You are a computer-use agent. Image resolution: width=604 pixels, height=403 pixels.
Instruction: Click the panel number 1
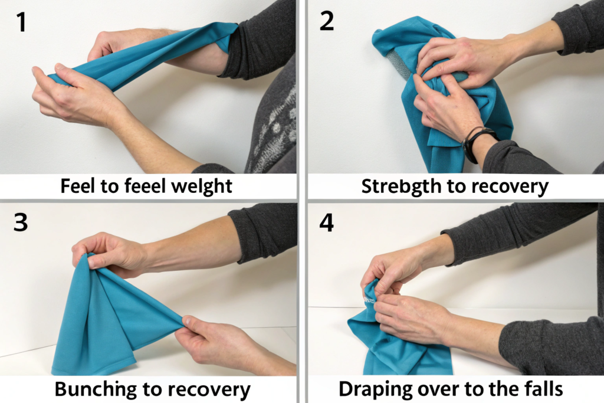tap(22, 22)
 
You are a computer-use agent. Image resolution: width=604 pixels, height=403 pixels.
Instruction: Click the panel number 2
tap(327, 21)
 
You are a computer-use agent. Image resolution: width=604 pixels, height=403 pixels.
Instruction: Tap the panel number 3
tap(21, 222)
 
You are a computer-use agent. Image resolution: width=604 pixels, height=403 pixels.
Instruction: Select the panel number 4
tap(327, 222)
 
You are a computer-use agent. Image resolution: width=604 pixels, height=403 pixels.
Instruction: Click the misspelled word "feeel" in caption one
tap(146, 186)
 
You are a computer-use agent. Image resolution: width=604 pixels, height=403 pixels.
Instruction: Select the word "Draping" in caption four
tap(370, 389)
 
